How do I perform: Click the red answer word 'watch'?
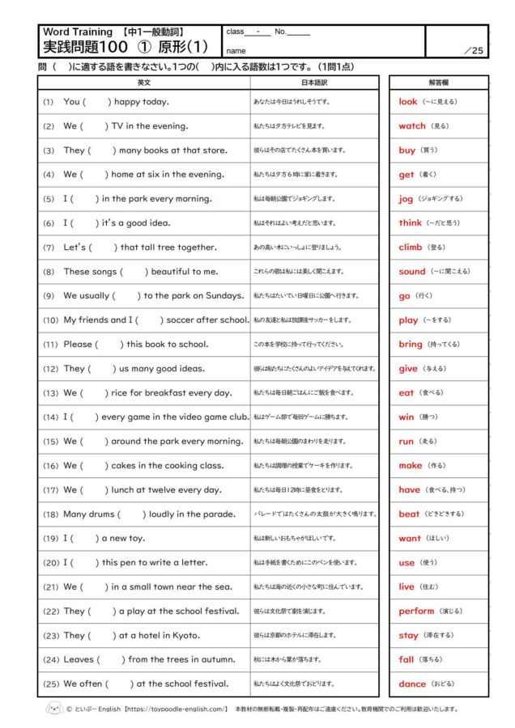(x=411, y=126)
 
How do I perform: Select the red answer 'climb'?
(x=410, y=248)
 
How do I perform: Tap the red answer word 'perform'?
(x=416, y=612)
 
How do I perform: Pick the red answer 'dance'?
(x=412, y=684)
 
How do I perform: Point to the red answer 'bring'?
(x=411, y=345)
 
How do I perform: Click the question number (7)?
(x=49, y=248)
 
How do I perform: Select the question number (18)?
(x=50, y=514)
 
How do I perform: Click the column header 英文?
(x=144, y=83)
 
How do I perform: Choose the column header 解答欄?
(x=438, y=83)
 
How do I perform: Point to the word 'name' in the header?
(x=235, y=49)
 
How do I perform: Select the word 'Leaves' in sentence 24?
(x=79, y=660)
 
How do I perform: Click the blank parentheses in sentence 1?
(x=97, y=102)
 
